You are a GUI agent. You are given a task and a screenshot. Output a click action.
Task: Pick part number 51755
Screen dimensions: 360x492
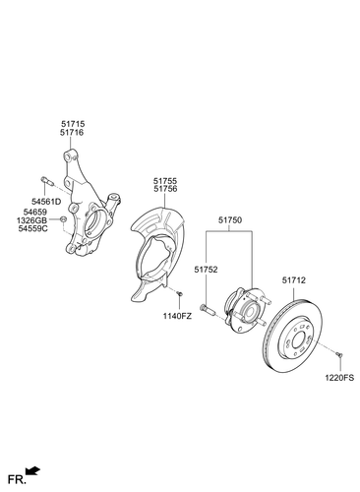point(165,181)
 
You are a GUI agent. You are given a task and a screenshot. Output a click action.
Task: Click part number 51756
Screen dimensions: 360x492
point(165,190)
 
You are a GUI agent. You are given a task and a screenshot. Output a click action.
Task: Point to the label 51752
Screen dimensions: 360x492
point(205,268)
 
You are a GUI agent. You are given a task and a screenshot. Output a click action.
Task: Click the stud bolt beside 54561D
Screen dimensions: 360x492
point(48,181)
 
